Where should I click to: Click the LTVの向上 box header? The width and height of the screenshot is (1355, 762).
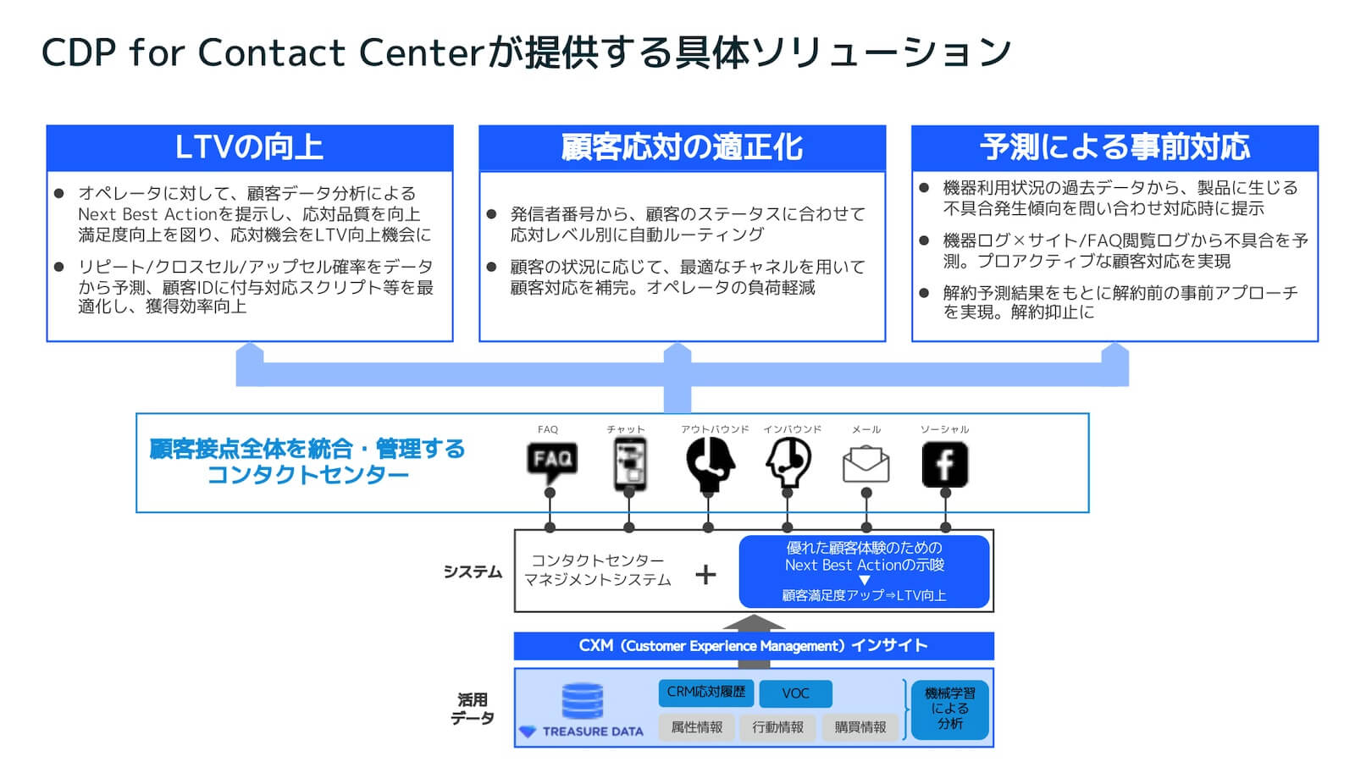[x=250, y=148]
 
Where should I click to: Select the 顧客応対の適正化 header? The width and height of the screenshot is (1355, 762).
[x=682, y=148]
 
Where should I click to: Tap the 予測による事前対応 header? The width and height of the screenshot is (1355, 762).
[x=1114, y=148]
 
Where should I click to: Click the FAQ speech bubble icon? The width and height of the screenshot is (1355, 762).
[x=551, y=461]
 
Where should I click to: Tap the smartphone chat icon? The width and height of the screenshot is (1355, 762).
[x=629, y=464]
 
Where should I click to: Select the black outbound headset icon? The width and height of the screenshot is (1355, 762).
[x=709, y=464]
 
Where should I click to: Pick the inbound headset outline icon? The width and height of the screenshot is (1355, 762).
[x=788, y=464]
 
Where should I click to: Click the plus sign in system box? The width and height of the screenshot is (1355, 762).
[x=705, y=575]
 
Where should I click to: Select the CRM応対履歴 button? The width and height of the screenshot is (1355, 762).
[x=705, y=693]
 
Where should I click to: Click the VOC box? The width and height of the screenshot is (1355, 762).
[x=795, y=693]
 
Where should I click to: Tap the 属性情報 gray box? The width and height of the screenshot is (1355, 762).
[x=696, y=727]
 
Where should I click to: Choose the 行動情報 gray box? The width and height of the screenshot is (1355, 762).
[x=777, y=727]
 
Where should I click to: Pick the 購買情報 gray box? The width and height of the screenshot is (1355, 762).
[x=860, y=727]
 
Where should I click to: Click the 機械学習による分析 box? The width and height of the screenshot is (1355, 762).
[x=949, y=710]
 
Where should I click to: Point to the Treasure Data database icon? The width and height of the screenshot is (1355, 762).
[x=583, y=701]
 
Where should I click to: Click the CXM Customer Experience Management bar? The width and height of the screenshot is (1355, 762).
[x=754, y=646]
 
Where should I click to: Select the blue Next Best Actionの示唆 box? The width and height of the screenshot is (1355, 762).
[x=864, y=571]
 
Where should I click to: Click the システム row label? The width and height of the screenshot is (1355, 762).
[x=473, y=572]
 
